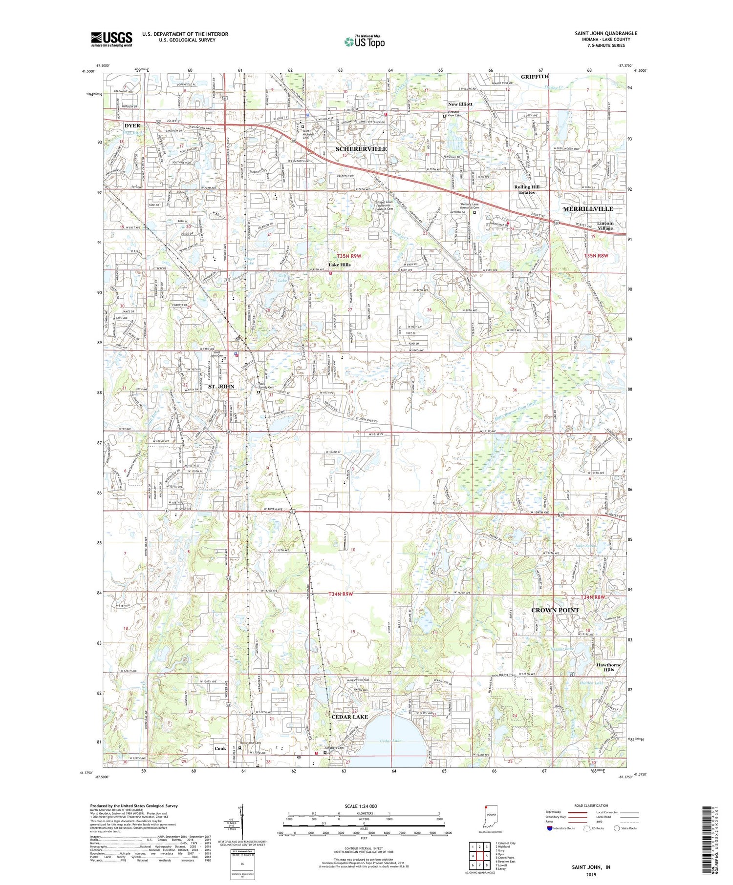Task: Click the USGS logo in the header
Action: coord(111,39)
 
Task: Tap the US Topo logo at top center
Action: coord(364,42)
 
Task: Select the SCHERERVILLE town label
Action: coord(361,149)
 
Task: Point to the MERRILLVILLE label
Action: coord(588,209)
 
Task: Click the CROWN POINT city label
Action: coord(555,610)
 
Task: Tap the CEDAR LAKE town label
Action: coord(349,717)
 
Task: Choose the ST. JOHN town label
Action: coord(221,387)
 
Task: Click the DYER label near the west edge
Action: coord(132,125)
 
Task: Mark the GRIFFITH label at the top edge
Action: coord(535,77)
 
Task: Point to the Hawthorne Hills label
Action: coord(608,667)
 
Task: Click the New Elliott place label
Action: coord(460,104)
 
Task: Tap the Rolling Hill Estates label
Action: coord(526,189)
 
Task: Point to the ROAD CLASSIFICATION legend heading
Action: coord(591,805)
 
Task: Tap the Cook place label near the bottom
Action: coord(220,748)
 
